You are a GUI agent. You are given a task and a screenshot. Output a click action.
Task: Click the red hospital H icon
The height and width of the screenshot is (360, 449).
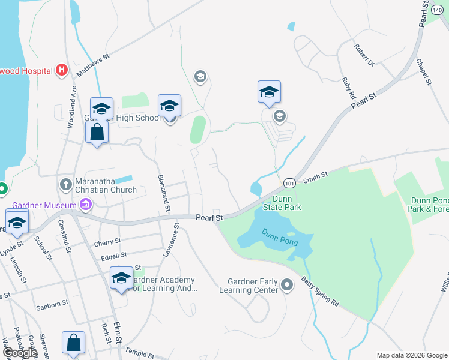point(61,70)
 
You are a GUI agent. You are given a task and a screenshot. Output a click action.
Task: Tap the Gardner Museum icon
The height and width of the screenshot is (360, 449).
point(85,205)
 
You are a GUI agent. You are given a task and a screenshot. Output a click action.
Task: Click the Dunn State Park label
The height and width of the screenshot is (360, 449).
point(282,203)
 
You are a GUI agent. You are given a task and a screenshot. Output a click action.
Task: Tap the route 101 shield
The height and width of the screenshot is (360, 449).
point(289,182)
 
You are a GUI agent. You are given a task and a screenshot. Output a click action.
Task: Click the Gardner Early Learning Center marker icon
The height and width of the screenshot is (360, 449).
point(287,284)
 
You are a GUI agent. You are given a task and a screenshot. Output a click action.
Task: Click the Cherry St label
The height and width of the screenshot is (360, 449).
point(107,244)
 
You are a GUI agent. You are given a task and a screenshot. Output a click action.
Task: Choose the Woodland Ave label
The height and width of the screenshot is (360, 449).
point(71,106)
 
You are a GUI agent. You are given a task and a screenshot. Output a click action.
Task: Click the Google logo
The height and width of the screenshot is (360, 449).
point(19,353)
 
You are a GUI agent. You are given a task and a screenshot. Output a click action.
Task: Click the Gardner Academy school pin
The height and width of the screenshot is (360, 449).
point(121,278)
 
